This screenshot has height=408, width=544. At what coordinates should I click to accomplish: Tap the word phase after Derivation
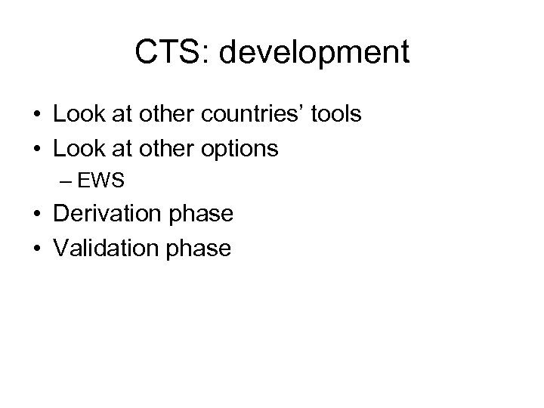[x=199, y=215]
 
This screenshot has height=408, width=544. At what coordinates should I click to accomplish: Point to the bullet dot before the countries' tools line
[x=36, y=116]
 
